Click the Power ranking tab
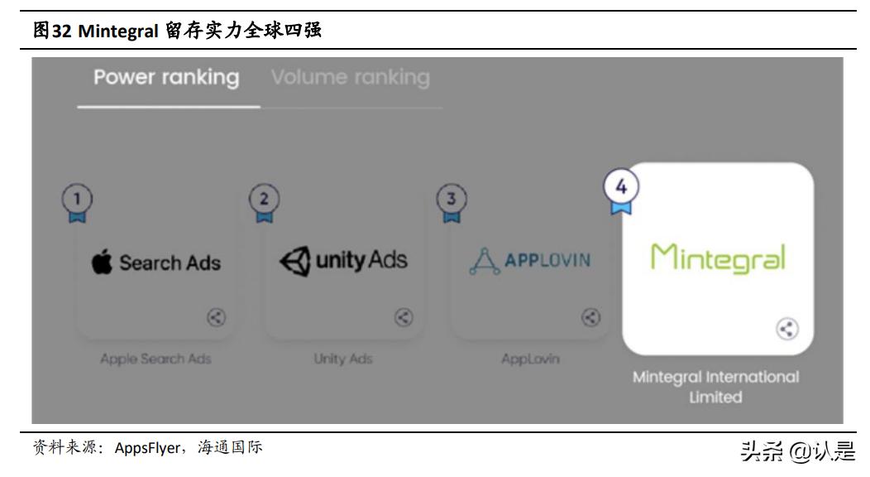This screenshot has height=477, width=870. point(166,78)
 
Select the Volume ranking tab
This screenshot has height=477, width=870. point(351,78)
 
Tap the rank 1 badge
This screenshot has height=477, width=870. point(78,200)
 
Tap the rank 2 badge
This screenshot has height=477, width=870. point(265,200)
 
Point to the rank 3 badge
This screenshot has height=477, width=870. point(452,200)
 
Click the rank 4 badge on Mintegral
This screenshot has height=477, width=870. point(621,189)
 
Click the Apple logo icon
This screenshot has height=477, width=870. point(103,263)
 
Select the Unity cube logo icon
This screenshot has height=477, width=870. point(295,262)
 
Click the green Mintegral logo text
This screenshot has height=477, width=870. point(717,258)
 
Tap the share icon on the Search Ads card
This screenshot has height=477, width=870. point(216,317)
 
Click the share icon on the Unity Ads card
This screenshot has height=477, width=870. point(404,317)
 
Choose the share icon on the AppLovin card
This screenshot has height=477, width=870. point(590,317)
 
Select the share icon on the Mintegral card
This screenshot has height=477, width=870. point(787,329)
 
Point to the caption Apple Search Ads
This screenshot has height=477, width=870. point(155,359)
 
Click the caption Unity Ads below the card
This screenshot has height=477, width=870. point(343,359)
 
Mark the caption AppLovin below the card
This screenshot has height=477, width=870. point(530,359)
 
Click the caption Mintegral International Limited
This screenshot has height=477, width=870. point(716,387)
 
